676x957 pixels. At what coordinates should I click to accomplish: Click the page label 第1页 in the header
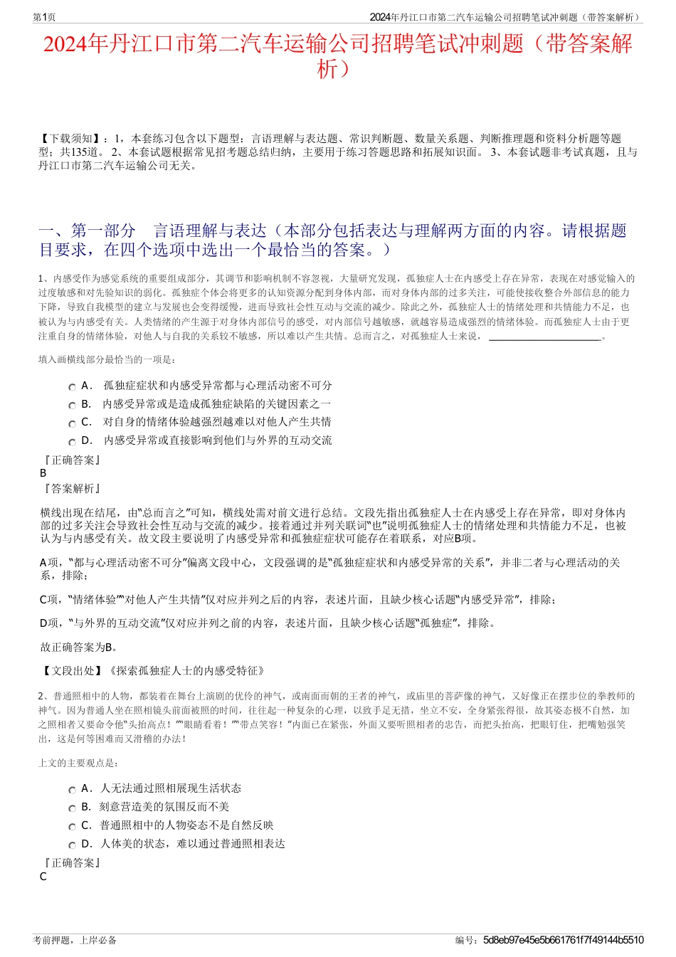[44, 17]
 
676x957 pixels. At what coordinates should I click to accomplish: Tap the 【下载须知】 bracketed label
[71, 139]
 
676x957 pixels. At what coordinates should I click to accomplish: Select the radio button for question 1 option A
[73, 386]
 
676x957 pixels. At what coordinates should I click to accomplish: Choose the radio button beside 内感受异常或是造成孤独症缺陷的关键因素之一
[73, 405]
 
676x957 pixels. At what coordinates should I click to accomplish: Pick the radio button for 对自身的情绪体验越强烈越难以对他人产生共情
[73, 423]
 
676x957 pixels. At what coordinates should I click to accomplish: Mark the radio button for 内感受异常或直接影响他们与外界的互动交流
[73, 441]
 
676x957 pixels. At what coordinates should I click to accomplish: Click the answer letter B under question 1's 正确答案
[43, 473]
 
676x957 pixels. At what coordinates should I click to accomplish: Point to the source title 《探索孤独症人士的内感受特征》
[187, 671]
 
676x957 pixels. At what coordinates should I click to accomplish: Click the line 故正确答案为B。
[79, 647]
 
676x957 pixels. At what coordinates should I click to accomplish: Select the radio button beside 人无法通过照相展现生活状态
[73, 789]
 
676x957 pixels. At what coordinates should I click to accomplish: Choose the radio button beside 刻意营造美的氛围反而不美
[73, 808]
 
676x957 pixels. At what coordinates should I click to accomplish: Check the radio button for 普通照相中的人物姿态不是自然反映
[73, 826]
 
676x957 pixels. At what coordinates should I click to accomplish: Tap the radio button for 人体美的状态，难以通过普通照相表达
[73, 845]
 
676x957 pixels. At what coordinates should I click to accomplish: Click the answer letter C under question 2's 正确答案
[43, 877]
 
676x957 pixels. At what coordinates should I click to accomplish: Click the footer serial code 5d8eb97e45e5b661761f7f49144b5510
[563, 940]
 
